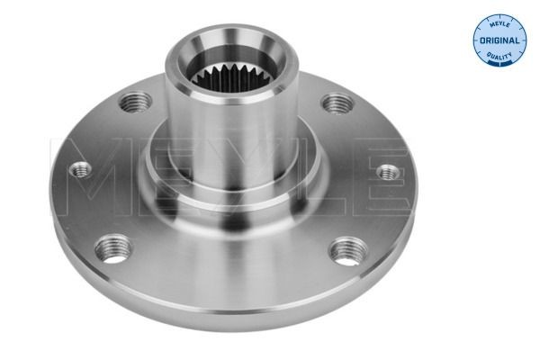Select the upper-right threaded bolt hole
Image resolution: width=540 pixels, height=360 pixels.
point(336,103)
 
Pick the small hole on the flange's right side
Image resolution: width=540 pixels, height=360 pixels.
point(387,171)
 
